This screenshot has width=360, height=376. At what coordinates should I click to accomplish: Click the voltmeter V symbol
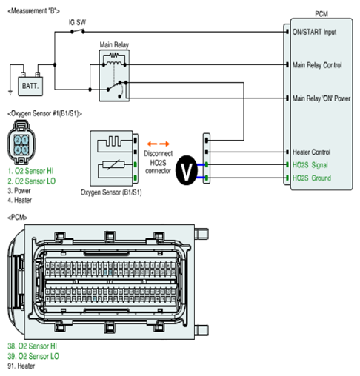(187, 170)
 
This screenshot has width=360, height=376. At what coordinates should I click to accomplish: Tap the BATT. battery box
(30, 86)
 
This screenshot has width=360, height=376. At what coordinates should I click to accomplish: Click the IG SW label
(77, 22)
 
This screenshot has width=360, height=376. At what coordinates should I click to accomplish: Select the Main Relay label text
(114, 45)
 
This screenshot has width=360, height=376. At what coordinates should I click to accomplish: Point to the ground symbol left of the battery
(10, 93)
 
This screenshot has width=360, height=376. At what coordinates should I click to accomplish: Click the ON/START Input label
(314, 32)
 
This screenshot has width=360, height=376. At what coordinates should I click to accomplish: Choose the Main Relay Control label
(317, 65)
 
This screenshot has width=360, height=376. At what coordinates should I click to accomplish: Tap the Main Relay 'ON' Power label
(321, 98)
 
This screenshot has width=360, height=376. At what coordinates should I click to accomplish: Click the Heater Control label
(311, 152)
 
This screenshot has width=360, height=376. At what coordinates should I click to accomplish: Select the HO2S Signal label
(310, 165)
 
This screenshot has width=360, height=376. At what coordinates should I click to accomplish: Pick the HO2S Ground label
(312, 178)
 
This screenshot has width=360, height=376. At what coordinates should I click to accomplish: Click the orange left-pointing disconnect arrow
(152, 144)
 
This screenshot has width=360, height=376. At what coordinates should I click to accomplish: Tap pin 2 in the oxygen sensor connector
(18, 141)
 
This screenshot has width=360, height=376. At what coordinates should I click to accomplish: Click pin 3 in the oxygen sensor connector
(25, 150)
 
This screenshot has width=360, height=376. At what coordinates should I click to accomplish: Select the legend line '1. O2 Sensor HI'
(30, 171)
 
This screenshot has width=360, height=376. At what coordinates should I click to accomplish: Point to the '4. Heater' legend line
(19, 200)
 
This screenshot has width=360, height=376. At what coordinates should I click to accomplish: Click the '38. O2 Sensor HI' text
(32, 346)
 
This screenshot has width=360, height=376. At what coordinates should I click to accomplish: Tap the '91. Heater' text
(21, 366)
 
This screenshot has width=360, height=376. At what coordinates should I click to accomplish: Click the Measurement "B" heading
(33, 11)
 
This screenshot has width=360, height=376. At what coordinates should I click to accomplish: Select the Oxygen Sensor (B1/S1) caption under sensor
(111, 192)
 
